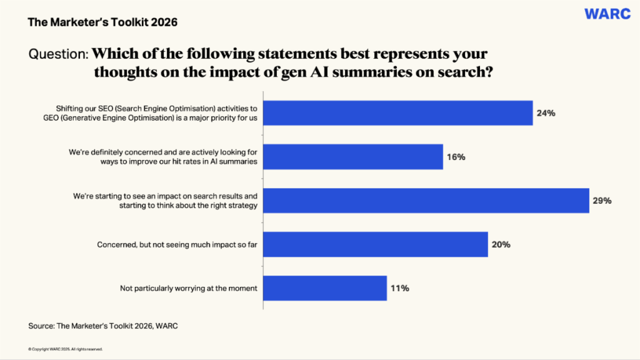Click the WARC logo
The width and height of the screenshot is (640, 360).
(607, 14)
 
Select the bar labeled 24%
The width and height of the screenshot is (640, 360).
(398, 113)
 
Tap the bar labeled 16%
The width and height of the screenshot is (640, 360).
(353, 157)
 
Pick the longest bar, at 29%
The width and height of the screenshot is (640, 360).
(426, 201)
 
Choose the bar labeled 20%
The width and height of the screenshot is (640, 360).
(376, 244)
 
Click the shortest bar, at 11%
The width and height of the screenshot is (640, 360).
(325, 288)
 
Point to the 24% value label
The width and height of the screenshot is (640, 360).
(546, 114)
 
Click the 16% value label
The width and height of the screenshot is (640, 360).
(456, 157)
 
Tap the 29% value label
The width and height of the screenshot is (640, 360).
(602, 201)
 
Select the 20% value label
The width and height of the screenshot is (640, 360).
(501, 245)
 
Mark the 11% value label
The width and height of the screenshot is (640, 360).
(399, 289)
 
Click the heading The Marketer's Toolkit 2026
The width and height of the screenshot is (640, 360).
(102, 22)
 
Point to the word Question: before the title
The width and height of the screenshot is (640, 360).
(58, 54)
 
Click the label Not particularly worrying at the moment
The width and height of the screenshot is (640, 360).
(189, 289)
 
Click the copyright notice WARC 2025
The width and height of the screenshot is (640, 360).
(65, 349)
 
